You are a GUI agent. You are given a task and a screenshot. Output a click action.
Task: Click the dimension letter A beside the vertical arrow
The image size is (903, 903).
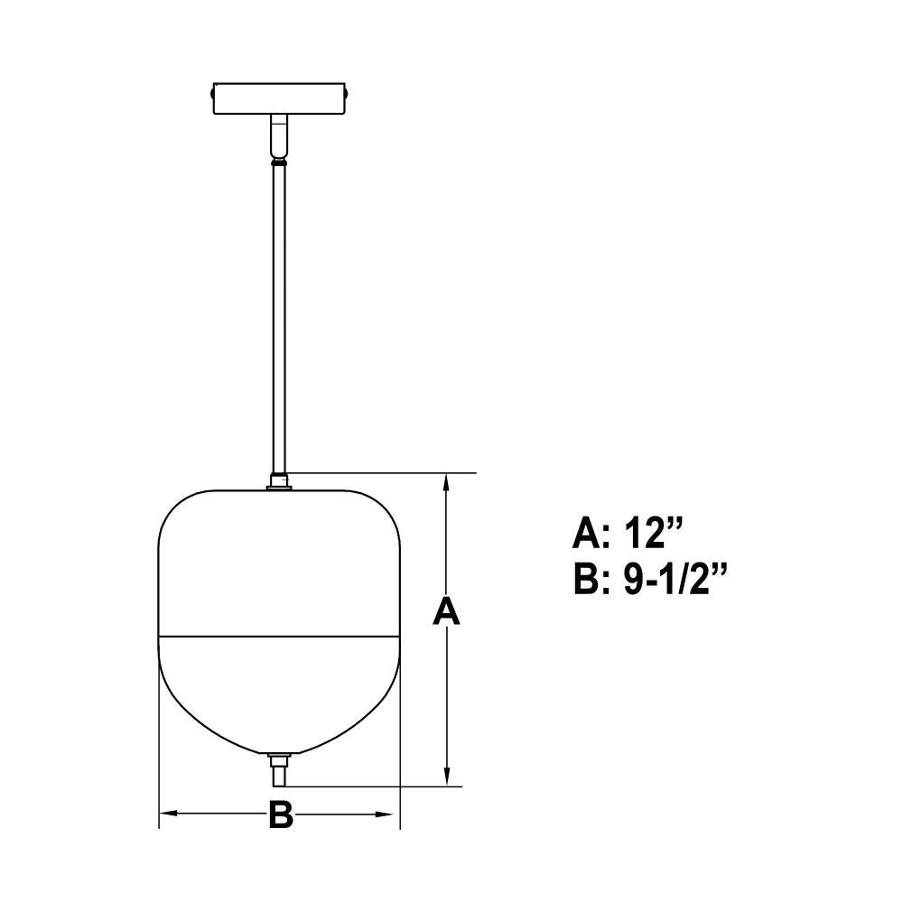point(446,611)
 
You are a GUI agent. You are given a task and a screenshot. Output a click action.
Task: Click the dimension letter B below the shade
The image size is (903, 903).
point(281,815)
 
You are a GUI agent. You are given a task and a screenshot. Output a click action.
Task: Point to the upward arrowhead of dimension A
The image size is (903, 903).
point(446,485)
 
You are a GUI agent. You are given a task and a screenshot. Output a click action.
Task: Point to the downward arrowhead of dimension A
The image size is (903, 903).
point(446,775)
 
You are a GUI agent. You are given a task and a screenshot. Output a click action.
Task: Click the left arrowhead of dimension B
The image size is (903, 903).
point(171,814)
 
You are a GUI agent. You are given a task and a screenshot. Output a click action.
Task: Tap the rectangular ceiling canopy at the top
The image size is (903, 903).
point(280,98)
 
